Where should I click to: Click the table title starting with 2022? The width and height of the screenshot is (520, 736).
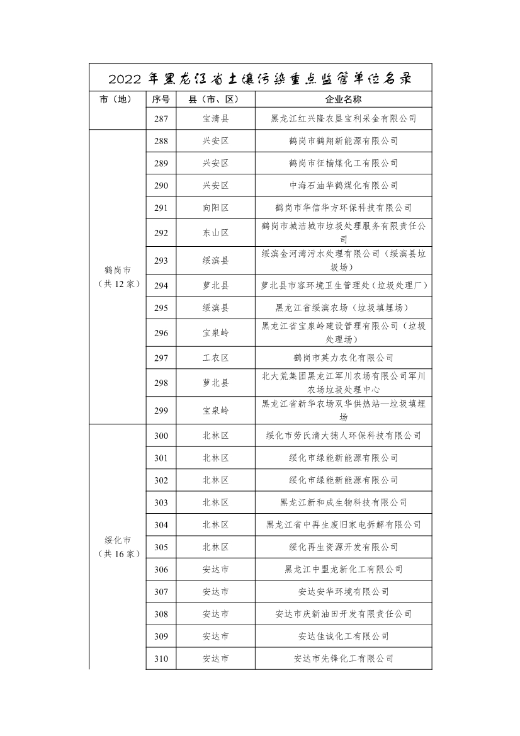tap(260, 79)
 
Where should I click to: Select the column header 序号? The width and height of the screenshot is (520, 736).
tap(161, 99)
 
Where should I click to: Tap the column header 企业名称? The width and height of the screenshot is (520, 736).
tap(343, 99)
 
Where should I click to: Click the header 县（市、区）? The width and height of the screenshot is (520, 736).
tap(215, 99)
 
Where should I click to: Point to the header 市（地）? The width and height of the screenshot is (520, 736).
tap(118, 99)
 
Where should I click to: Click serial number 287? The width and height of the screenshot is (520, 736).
tap(161, 118)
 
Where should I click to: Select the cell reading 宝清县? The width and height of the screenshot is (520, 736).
tap(215, 118)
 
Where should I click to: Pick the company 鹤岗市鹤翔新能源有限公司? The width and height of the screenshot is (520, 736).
tap(343, 141)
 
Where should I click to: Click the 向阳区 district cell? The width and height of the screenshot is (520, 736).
tap(215, 208)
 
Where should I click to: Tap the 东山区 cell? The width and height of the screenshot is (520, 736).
tap(215, 233)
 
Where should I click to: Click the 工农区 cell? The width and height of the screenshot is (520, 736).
tap(215, 358)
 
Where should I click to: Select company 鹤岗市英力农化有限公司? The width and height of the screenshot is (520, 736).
tap(343, 358)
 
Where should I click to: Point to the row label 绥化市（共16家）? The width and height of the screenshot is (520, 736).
tap(118, 547)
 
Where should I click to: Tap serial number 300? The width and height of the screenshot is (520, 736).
tap(161, 436)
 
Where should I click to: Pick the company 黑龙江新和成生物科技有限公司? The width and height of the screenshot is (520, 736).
tap(343, 502)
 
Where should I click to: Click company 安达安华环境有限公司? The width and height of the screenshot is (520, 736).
tap(343, 592)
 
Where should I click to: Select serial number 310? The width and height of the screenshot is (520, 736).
tap(161, 659)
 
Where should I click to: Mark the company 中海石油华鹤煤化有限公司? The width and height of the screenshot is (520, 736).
tap(343, 186)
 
